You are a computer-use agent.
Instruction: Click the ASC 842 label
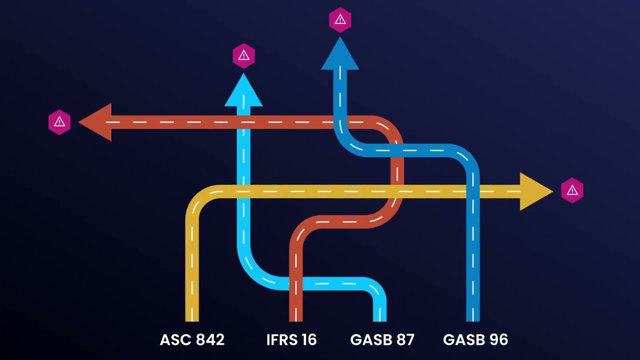(192, 340)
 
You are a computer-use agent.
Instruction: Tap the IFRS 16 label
(291, 340)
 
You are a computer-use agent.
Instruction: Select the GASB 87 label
(382, 340)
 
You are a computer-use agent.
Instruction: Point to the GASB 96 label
(475, 340)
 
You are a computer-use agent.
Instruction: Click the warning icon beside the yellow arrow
(572, 190)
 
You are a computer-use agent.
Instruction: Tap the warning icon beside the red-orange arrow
(59, 122)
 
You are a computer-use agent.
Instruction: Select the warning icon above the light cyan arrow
(244, 55)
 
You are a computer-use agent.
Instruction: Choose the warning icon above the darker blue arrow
(340, 20)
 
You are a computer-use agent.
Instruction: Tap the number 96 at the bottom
(497, 340)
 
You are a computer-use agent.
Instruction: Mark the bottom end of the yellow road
(192, 318)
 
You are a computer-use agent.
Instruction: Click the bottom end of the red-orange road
(296, 318)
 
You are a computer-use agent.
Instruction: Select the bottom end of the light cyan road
(379, 318)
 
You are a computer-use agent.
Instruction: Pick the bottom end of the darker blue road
(472, 318)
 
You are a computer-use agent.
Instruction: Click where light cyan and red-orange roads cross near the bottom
(296, 283)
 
